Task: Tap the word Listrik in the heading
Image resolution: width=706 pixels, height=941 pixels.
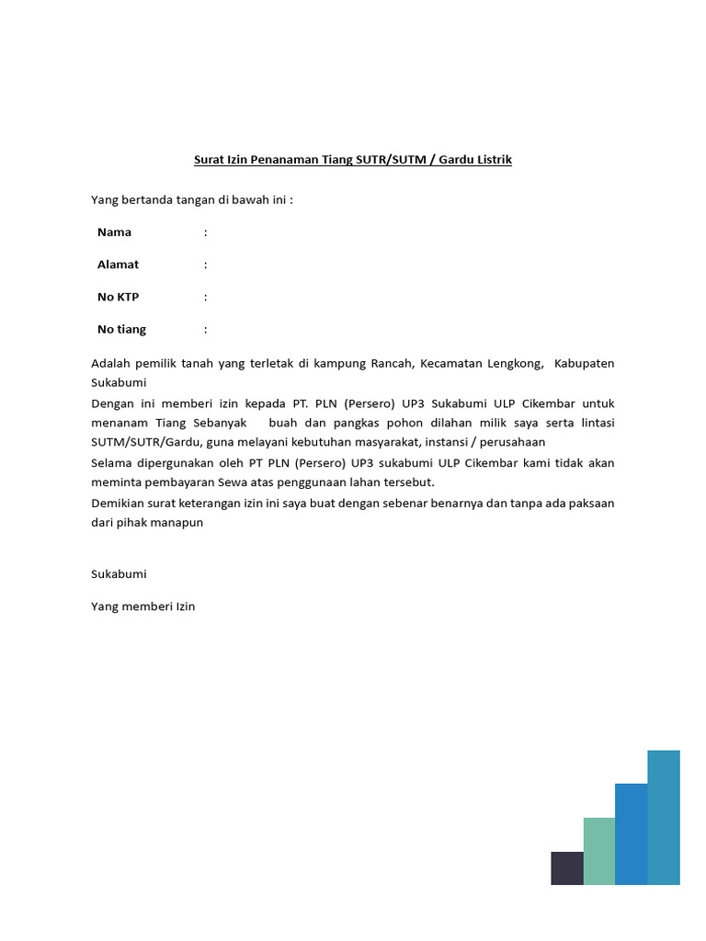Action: (493, 160)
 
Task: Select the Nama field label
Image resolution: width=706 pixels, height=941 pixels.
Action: (114, 232)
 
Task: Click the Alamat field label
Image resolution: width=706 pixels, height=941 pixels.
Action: (118, 265)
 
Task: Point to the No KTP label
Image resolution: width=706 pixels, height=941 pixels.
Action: (118, 297)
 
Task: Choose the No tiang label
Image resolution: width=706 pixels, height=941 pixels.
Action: (121, 329)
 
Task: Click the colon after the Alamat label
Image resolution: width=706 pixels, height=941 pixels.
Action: (206, 265)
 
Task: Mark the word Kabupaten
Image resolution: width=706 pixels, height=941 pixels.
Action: (585, 364)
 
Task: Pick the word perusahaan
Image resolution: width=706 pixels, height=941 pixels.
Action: (512, 442)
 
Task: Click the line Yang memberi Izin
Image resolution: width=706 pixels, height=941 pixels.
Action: (142, 607)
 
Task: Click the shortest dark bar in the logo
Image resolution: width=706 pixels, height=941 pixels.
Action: (567, 868)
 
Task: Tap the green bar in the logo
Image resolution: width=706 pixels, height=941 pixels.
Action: (599, 851)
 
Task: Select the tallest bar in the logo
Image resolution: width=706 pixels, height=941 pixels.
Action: (664, 818)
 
